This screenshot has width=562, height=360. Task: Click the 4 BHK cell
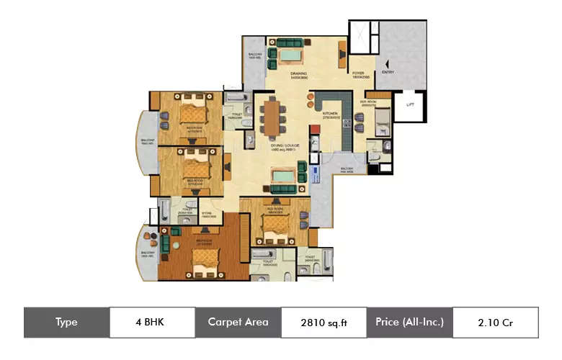[x=152, y=323]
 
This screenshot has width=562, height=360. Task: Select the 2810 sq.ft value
[x=324, y=323]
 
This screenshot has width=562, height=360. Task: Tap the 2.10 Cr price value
[x=495, y=323]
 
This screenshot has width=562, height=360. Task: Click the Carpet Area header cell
[x=238, y=323]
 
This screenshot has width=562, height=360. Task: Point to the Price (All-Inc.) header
[x=409, y=323]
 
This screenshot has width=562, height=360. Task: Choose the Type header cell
[x=66, y=323]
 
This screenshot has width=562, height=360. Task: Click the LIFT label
[x=409, y=105]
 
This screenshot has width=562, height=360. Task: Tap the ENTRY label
[x=388, y=72]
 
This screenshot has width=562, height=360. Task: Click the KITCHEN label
[x=330, y=114]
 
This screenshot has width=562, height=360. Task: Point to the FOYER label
[x=358, y=73]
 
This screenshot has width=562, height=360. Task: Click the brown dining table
[x=272, y=117]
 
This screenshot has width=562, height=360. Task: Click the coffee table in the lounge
[x=284, y=175]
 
